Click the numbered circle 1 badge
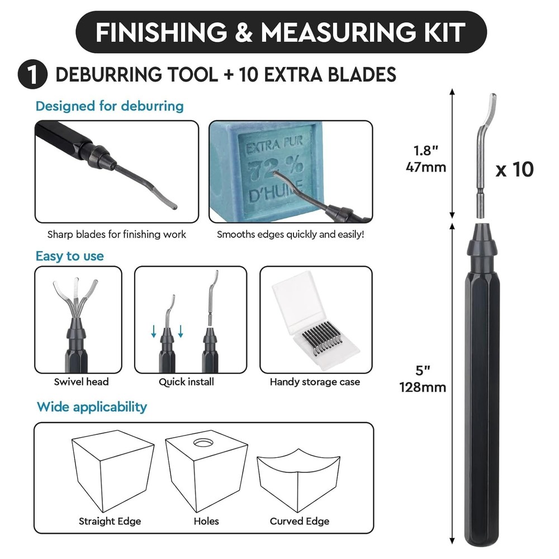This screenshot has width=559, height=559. [32, 75]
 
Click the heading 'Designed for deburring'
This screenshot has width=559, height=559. [110, 106]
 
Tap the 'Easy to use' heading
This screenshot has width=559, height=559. [69, 256]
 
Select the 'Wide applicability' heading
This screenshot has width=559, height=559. [92, 406]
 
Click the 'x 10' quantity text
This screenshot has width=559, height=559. [515, 169]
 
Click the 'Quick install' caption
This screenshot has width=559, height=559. [186, 382]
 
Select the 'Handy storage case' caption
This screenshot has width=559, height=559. [315, 382]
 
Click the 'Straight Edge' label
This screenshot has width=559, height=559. [110, 521]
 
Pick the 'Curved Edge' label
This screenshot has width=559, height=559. [299, 521]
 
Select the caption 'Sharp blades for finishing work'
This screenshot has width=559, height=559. [116, 234]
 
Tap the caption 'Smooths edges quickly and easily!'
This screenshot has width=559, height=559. [290, 234]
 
